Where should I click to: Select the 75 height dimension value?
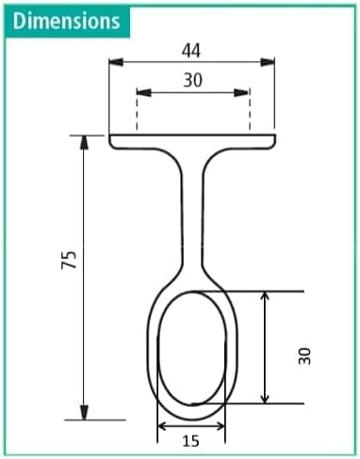pyautogui.click(x=68, y=261)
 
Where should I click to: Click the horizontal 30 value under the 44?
pyautogui.click(x=192, y=80)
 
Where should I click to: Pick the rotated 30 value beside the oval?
pyautogui.click(x=303, y=355)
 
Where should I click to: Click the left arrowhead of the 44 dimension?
pyautogui.click(x=115, y=63)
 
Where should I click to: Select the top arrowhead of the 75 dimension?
pyautogui.click(x=85, y=142)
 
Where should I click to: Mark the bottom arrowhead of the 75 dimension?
pyautogui.click(x=85, y=413)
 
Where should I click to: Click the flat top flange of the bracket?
pyautogui.click(x=192, y=142)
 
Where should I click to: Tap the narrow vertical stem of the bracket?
pyautogui.click(x=192, y=207)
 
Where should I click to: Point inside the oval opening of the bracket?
pyautogui.click(x=192, y=349)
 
